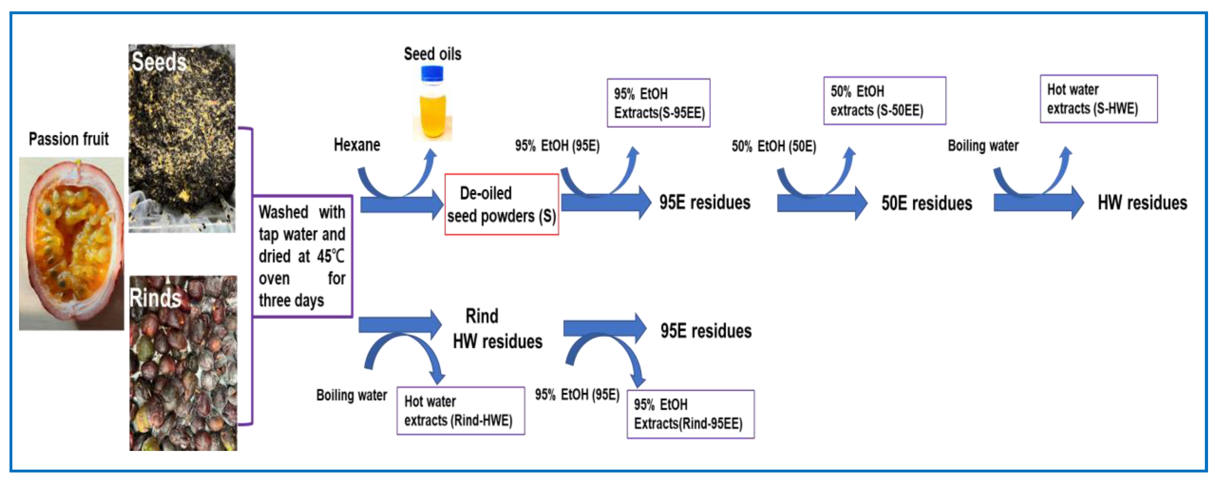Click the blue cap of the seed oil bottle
432,73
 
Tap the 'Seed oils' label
432,54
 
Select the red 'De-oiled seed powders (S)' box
501,204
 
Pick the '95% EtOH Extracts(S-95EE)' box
658,103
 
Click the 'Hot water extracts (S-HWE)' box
1098,99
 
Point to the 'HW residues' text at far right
1142,203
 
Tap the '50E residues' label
926,203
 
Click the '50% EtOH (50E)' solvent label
773,146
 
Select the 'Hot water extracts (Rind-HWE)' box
460,411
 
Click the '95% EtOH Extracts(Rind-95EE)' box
690,414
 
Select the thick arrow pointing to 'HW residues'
1038,203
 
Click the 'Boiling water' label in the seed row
983,146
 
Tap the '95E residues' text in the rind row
706,331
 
